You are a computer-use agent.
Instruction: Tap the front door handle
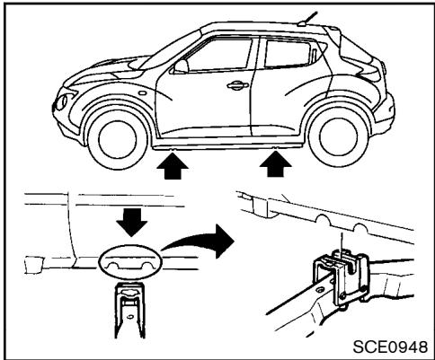click(236, 86)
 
